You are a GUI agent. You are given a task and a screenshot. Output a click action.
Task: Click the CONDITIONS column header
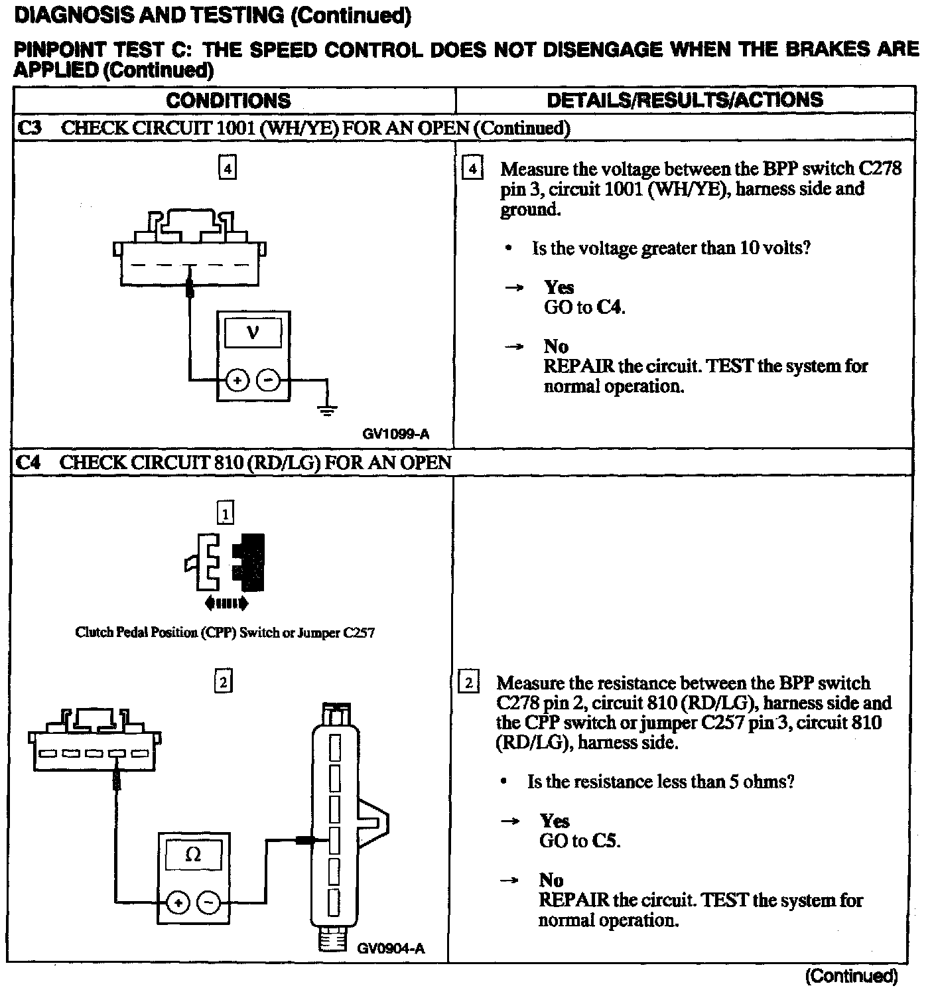(x=228, y=101)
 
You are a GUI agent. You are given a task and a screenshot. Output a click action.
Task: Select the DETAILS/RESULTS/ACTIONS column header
(x=685, y=100)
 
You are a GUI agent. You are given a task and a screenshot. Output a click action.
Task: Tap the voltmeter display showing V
(x=253, y=332)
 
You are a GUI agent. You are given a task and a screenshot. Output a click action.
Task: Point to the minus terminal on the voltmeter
(x=268, y=380)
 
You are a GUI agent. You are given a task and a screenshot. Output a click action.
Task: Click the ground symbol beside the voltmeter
(x=327, y=409)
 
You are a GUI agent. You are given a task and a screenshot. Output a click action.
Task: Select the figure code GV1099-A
(x=396, y=435)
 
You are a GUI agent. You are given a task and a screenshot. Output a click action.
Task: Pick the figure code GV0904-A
(x=391, y=948)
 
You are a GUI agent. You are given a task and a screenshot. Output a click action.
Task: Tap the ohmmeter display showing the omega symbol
(x=193, y=855)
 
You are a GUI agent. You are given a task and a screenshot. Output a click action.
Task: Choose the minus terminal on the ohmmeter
(x=208, y=902)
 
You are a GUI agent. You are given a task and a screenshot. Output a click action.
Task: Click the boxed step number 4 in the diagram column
(x=227, y=169)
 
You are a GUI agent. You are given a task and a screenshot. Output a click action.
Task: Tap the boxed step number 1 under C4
(x=226, y=513)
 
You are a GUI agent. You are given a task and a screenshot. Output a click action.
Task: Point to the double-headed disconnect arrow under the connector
(x=227, y=603)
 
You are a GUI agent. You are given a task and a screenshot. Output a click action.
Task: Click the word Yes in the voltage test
(x=559, y=287)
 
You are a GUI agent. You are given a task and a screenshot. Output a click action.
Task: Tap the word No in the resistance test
(x=551, y=881)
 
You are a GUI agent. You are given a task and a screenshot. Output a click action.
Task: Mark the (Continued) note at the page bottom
(x=851, y=976)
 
